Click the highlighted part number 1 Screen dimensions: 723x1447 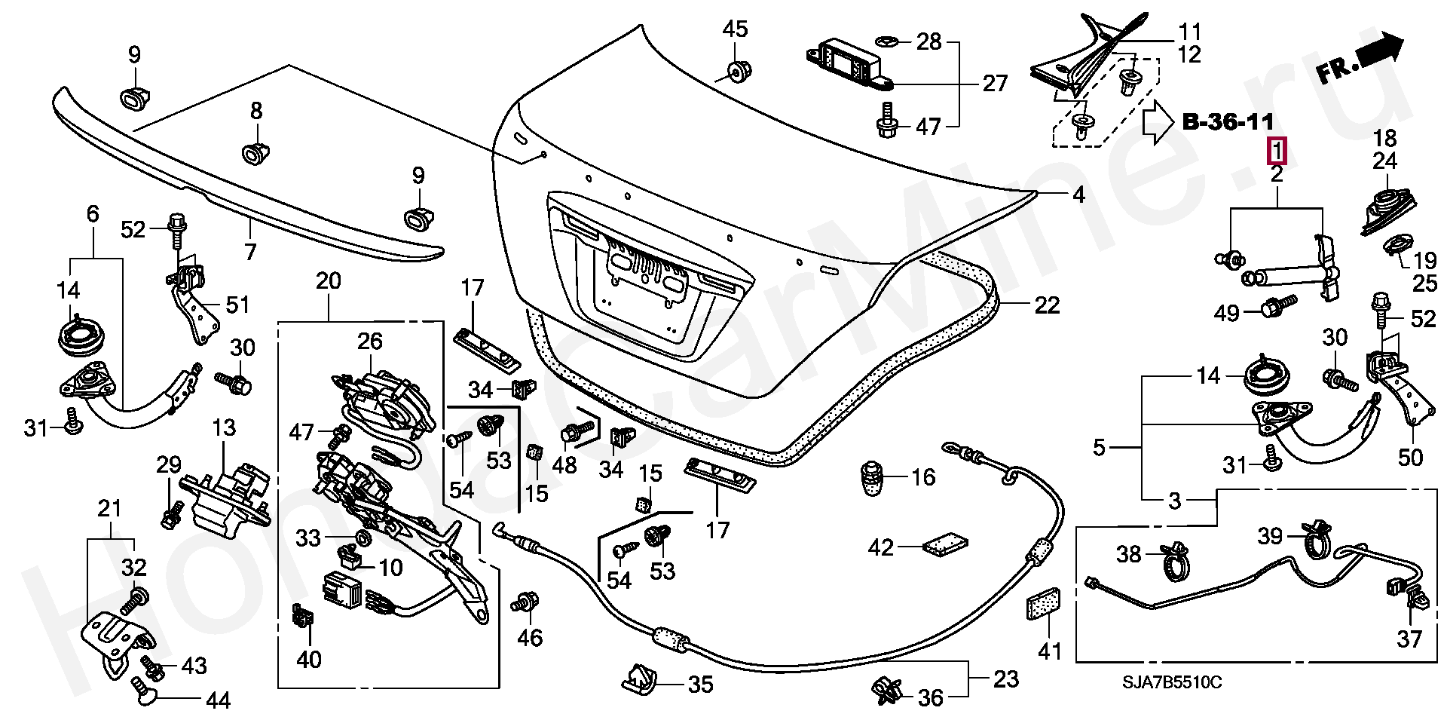point(1277,152)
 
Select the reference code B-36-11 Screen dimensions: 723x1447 point(1228,121)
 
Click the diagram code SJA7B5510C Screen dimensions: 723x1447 point(1172,683)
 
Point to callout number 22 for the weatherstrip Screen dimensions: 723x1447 point(1047,305)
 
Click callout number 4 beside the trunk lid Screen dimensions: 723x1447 point(1078,195)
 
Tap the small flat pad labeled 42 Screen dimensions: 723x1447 point(947,544)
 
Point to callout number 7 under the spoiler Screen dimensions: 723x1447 point(249,251)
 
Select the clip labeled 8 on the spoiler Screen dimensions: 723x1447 point(255,153)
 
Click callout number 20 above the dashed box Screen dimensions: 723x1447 point(329,281)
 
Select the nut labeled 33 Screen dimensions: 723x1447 point(361,538)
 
